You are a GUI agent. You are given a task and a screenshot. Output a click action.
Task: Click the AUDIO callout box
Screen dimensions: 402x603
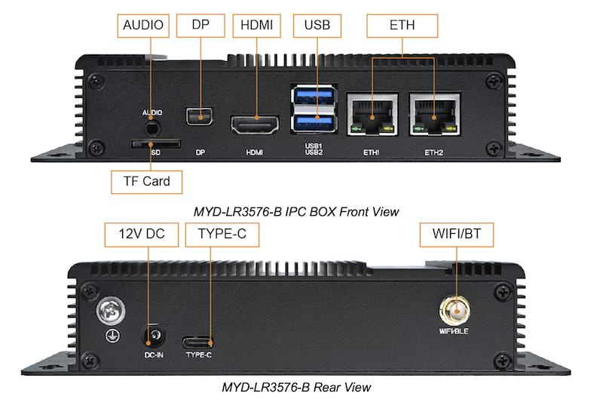(142, 25)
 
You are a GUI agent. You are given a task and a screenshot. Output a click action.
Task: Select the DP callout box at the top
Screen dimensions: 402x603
(200, 25)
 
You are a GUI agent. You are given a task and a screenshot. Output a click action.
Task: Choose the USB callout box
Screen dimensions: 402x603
(317, 25)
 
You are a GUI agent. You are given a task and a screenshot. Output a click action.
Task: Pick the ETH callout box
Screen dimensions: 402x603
(402, 25)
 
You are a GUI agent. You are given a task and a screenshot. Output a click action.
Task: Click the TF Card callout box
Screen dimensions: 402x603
(146, 181)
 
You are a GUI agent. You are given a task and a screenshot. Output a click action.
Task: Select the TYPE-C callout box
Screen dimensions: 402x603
(222, 234)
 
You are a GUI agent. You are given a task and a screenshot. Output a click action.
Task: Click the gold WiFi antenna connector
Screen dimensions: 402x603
(456, 309)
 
